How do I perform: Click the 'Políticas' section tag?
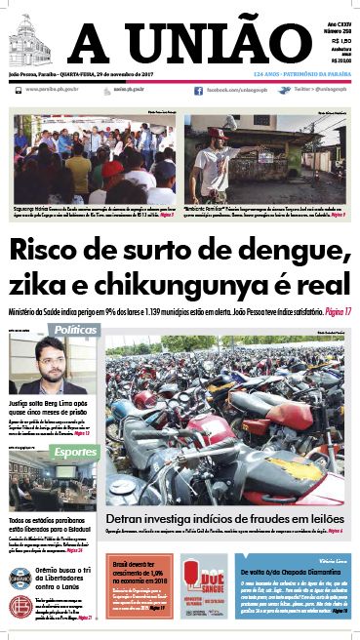coord(76,331)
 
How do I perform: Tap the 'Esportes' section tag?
coord(75,453)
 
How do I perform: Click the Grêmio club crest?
coord(19,580)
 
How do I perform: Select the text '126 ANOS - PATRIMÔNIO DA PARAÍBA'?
coord(300,73)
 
